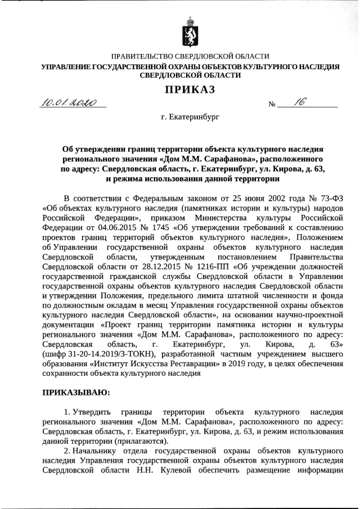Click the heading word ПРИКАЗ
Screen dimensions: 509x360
tap(190, 89)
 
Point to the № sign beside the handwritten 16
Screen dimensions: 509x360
tap(273, 105)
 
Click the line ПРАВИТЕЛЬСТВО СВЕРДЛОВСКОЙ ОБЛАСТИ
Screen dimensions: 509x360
tap(190, 56)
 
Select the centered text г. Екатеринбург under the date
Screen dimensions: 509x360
tap(190, 118)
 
